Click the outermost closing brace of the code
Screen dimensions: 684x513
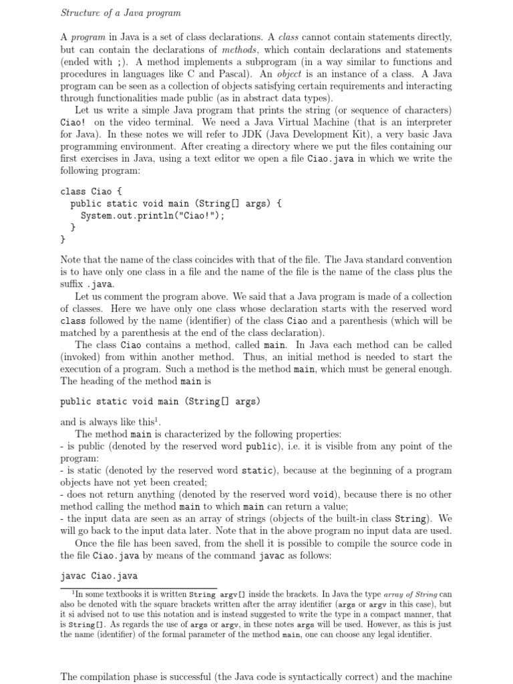tap(63, 239)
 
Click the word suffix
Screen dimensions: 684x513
tap(73, 284)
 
